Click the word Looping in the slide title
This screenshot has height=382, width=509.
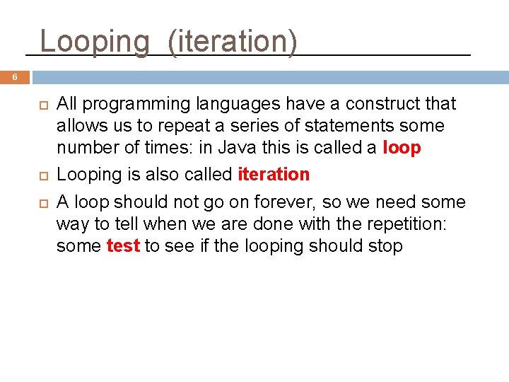(95, 41)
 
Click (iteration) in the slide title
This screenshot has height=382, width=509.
(233, 41)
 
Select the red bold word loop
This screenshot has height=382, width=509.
(402, 148)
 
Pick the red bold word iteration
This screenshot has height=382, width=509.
(274, 174)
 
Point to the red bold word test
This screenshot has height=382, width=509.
(123, 246)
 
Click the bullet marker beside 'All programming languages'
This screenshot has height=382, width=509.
(42, 105)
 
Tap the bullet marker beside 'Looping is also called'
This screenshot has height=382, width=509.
(42, 175)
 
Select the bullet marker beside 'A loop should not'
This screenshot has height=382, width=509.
(42, 203)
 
